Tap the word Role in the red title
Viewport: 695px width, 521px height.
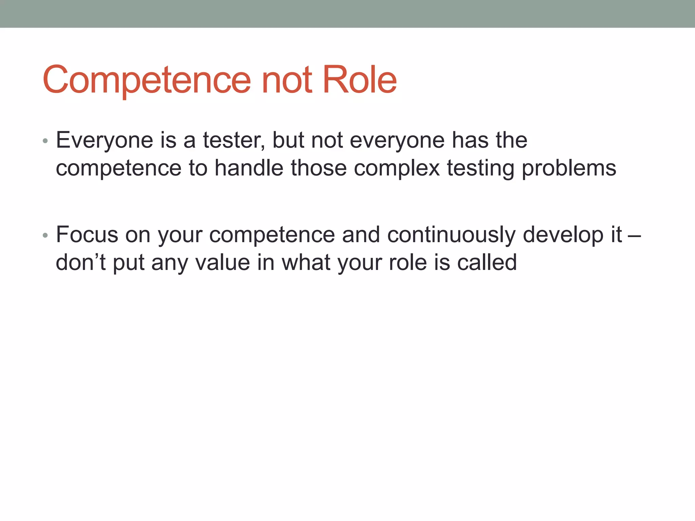pos(360,80)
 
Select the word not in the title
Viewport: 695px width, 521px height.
pos(287,80)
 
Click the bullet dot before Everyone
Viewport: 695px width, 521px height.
pos(45,141)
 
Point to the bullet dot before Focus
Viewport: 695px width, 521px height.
pos(45,235)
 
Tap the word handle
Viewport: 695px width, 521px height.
pos(249,168)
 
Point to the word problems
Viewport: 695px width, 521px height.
pos(569,168)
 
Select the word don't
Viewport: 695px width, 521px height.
pos(81,262)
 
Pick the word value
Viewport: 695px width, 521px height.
pos(223,262)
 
